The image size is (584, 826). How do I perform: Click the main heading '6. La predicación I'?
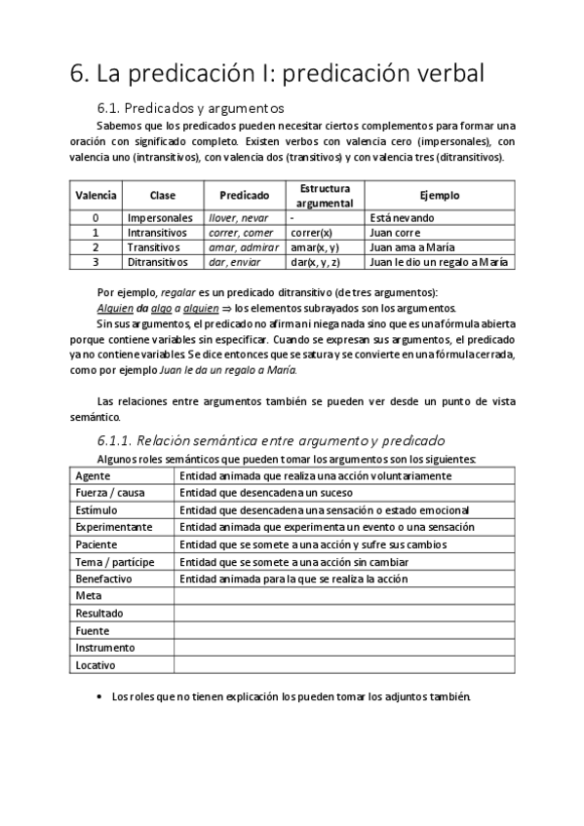click(277, 74)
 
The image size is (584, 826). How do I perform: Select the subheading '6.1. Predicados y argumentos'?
click(190, 108)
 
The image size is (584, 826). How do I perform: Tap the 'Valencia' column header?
click(96, 195)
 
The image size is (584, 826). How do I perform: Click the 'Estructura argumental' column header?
click(325, 195)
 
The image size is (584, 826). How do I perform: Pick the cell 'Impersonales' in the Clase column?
click(160, 218)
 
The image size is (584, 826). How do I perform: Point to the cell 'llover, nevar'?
click(238, 218)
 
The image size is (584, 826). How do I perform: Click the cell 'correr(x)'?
click(311, 233)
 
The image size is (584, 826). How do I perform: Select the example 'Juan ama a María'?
click(412, 247)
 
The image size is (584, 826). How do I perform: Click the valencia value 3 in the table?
click(96, 262)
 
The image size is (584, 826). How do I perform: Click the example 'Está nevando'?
click(403, 218)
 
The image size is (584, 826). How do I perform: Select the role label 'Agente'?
click(94, 476)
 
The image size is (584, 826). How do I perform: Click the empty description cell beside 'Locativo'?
click(344, 664)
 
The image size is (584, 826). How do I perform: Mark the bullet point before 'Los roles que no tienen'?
click(102, 697)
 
